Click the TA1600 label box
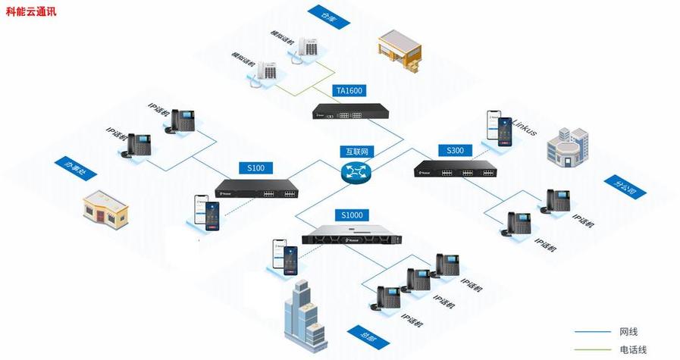(349, 91)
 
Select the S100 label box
(256, 167)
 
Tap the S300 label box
(455, 150)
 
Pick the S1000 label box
(353, 215)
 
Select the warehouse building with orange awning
(400, 52)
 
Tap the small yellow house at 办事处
(106, 209)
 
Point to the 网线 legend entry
(628, 332)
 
